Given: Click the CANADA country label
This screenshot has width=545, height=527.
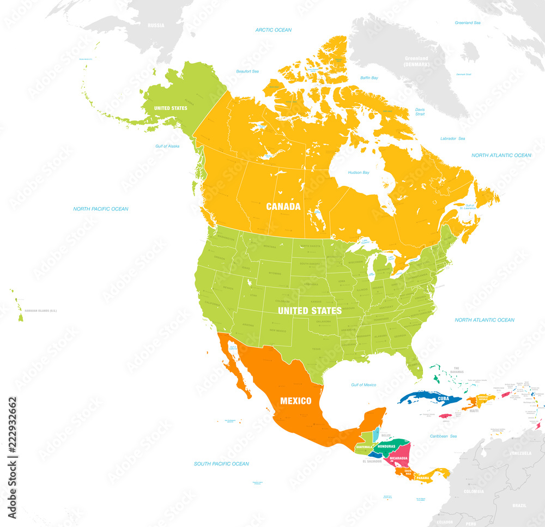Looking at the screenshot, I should pyautogui.click(x=283, y=207).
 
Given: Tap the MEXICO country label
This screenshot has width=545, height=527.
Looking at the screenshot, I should pyautogui.click(x=295, y=401).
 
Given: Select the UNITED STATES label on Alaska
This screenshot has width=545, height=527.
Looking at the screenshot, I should pyautogui.click(x=171, y=108).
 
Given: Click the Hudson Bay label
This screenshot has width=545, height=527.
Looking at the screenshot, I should pyautogui.click(x=359, y=173).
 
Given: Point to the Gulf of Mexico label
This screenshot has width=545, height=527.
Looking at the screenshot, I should pyautogui.click(x=364, y=385).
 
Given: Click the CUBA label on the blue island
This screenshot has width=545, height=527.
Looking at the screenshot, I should pyautogui.click(x=444, y=398).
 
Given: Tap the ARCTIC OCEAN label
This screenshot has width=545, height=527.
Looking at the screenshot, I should pyautogui.click(x=274, y=30).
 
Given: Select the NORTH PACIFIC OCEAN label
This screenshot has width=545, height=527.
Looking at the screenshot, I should pyautogui.click(x=101, y=209).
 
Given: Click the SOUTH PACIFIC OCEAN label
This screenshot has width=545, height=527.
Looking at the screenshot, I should pyautogui.click(x=221, y=464).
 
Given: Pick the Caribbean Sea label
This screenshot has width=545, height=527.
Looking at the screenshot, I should pyautogui.click(x=443, y=437).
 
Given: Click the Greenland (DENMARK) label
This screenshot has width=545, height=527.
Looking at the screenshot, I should pyautogui.click(x=416, y=61).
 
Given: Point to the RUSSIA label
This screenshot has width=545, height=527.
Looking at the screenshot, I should pyautogui.click(x=156, y=25).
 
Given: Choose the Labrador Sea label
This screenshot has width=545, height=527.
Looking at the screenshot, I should pyautogui.click(x=453, y=138).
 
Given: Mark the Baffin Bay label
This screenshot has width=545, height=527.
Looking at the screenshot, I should pyautogui.click(x=369, y=78).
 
